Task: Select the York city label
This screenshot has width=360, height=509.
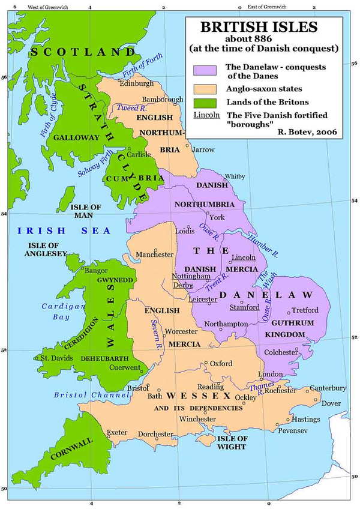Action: click(217, 217)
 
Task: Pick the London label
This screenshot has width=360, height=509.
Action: click(270, 374)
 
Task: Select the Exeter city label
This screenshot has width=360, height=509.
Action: click(118, 432)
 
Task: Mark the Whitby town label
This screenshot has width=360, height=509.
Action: click(234, 176)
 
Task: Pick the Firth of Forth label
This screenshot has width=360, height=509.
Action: click(142, 65)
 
